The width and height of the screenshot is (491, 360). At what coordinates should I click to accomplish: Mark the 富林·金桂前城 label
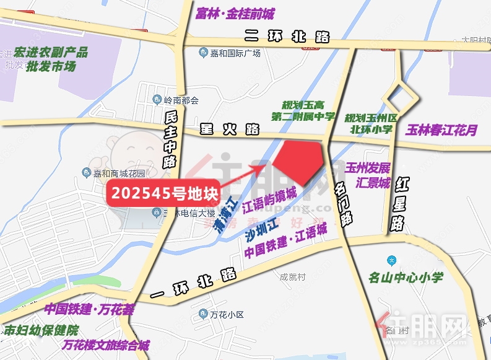coord(234,14)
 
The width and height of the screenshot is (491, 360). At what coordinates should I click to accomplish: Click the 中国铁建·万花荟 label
coord(89,309)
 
